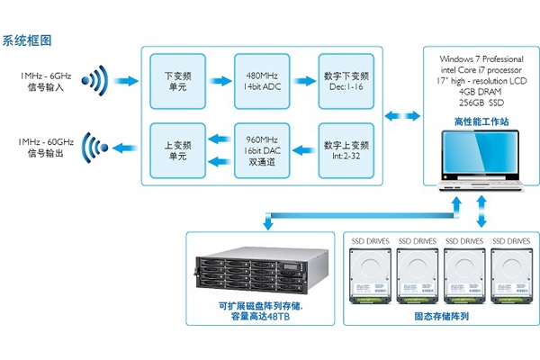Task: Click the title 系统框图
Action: pyautogui.click(x=27, y=40)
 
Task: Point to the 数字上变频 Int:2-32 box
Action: pyautogui.click(x=346, y=149)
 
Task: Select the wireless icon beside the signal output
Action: pyautogui.click(x=93, y=148)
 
